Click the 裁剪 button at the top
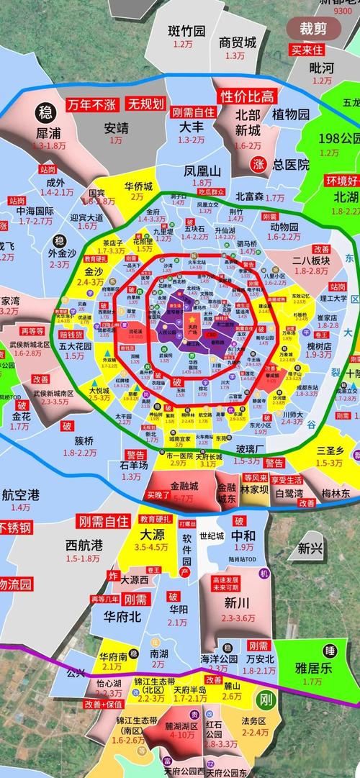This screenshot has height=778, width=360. point(313,29)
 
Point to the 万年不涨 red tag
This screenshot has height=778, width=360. point(91,104)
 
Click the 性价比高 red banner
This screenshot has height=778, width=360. point(247,96)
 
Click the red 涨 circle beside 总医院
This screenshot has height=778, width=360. point(258,164)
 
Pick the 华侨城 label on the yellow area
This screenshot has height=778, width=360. point(138,186)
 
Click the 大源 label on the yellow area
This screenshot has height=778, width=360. point(152,535)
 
